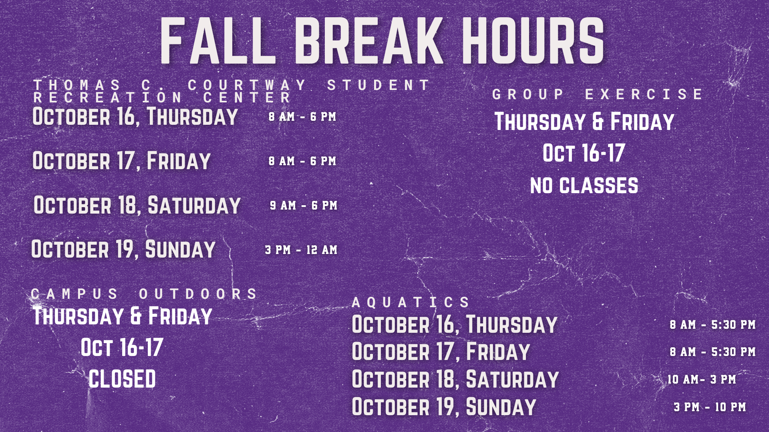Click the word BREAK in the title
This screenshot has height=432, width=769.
point(369,41)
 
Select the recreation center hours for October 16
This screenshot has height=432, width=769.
point(302,117)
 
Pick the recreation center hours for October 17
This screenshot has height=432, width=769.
point(302,161)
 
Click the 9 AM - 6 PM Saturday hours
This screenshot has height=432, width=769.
point(304,206)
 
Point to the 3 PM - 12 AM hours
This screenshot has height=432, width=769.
point(301,250)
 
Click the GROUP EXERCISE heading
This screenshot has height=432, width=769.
point(597,94)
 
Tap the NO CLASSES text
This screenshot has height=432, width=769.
point(584,186)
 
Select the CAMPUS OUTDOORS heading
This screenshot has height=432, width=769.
point(144,294)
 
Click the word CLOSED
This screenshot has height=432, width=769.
point(122,379)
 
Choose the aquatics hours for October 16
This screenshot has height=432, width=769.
point(713,324)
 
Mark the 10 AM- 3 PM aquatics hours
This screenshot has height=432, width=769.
point(702,379)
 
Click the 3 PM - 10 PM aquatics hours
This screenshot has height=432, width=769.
point(710,407)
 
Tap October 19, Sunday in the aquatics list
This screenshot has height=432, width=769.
point(444,407)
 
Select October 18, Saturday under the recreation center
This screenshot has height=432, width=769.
point(137,205)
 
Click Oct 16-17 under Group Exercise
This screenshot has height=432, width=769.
point(584,153)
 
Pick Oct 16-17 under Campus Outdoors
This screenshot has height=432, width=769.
point(122,347)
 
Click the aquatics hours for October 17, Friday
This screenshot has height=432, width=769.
point(713,352)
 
